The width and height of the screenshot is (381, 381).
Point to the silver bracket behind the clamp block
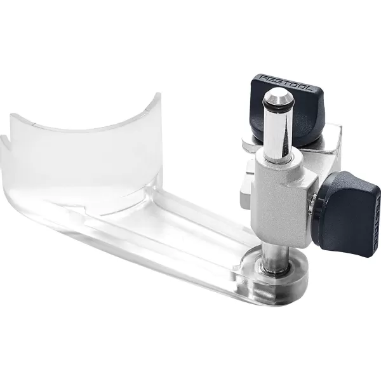point(244,184)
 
